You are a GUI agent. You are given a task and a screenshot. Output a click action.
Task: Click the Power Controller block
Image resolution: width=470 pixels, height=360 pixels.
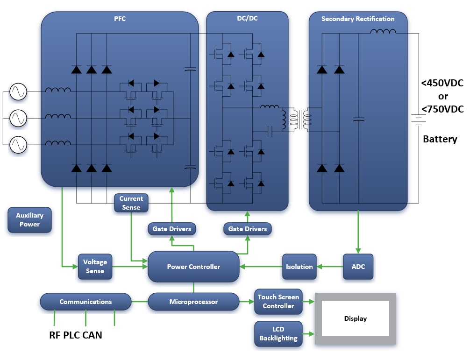tap(193, 267)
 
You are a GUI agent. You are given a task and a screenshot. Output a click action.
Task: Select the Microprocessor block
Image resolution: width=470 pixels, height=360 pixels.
tap(193, 302)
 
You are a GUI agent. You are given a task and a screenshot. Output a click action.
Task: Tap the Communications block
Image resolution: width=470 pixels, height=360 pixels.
tap(85, 302)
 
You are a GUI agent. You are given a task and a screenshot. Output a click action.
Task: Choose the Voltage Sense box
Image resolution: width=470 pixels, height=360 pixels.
tap(95, 267)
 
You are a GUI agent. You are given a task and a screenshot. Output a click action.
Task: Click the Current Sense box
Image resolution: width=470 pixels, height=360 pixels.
tap(131, 203)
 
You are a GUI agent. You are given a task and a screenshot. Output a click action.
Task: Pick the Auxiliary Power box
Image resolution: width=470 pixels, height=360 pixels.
tap(29, 220)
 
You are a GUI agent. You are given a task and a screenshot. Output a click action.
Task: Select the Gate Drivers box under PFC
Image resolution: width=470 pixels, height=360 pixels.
tap(171, 229)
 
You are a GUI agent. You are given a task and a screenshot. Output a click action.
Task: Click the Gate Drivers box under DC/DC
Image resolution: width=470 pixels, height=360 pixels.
tap(247, 229)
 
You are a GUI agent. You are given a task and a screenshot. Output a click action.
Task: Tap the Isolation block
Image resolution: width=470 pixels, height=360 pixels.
tap(299, 267)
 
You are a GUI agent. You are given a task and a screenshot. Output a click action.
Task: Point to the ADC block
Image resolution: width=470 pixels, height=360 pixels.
tap(358, 267)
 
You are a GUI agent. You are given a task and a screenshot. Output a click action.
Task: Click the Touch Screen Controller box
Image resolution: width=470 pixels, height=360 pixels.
tap(278, 302)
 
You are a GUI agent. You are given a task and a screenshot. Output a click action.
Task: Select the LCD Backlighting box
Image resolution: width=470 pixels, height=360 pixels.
tap(278, 334)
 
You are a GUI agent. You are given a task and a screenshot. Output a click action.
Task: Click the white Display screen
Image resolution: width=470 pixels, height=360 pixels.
tap(355, 318)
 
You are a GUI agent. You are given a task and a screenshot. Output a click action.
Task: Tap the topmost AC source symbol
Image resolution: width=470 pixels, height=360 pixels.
tap(18, 92)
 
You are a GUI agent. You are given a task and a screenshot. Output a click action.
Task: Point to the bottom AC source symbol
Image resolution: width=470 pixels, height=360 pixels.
tap(18, 145)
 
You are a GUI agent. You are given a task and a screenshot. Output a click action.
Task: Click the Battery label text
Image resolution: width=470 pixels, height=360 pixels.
tap(440, 139)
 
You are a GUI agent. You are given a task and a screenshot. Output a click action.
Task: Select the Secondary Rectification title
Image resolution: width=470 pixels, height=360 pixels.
tap(358, 19)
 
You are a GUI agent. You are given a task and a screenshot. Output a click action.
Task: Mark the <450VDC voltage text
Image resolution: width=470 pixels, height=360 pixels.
tap(442, 84)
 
